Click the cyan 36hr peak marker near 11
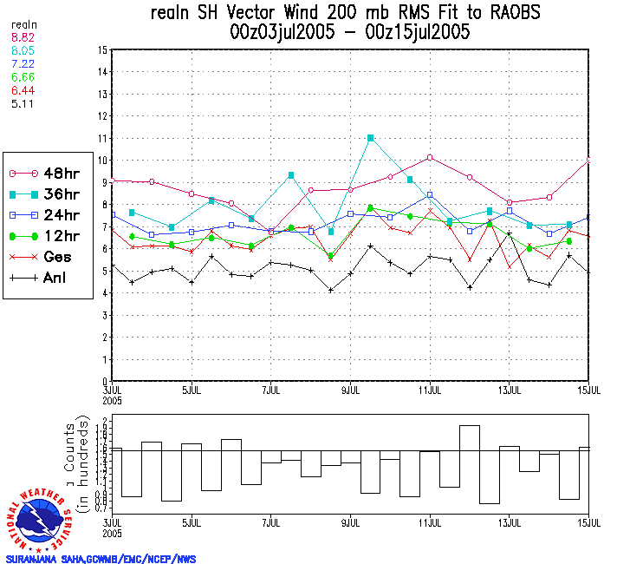coord(371,138)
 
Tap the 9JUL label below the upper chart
coord(351,390)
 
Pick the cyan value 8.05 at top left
coord(22,52)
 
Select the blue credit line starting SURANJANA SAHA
coord(101,559)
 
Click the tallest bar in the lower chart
coord(470,464)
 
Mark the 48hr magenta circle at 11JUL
coord(430,157)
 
